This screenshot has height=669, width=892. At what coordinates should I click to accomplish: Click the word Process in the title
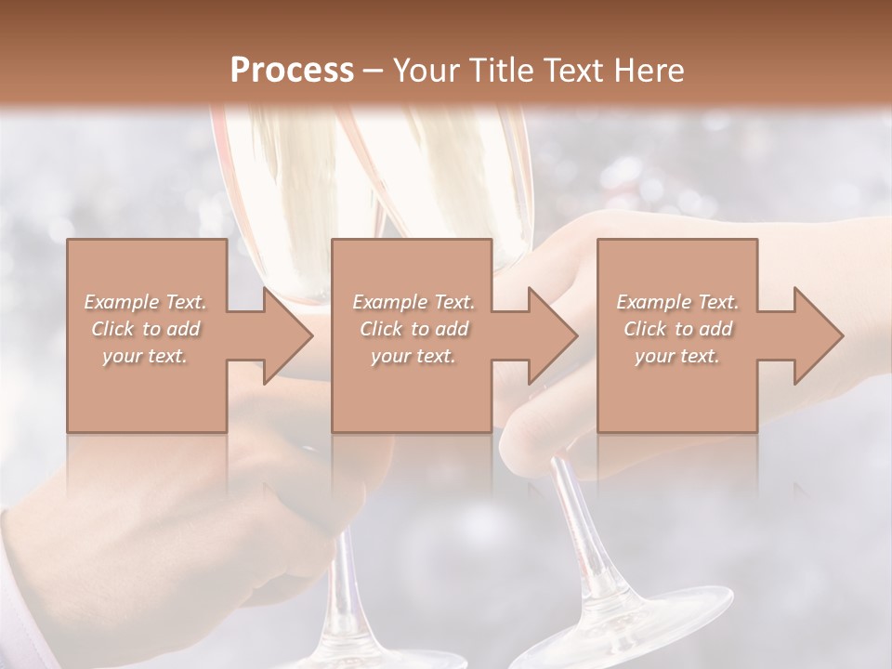click(292, 71)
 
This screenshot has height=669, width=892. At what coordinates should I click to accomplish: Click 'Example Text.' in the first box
click(146, 302)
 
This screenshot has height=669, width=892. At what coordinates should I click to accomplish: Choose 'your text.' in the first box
click(146, 356)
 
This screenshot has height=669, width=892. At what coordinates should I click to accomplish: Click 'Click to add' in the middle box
click(413, 329)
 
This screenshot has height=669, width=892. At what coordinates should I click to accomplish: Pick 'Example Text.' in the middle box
click(413, 302)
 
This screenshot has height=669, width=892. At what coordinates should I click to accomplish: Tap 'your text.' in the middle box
click(413, 356)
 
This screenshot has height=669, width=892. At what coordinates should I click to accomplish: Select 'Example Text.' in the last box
click(677, 302)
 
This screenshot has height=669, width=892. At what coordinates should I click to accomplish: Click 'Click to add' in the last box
click(677, 329)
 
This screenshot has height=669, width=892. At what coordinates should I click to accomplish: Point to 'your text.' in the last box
click(677, 356)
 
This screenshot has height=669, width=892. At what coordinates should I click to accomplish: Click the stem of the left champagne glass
click(346, 576)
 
